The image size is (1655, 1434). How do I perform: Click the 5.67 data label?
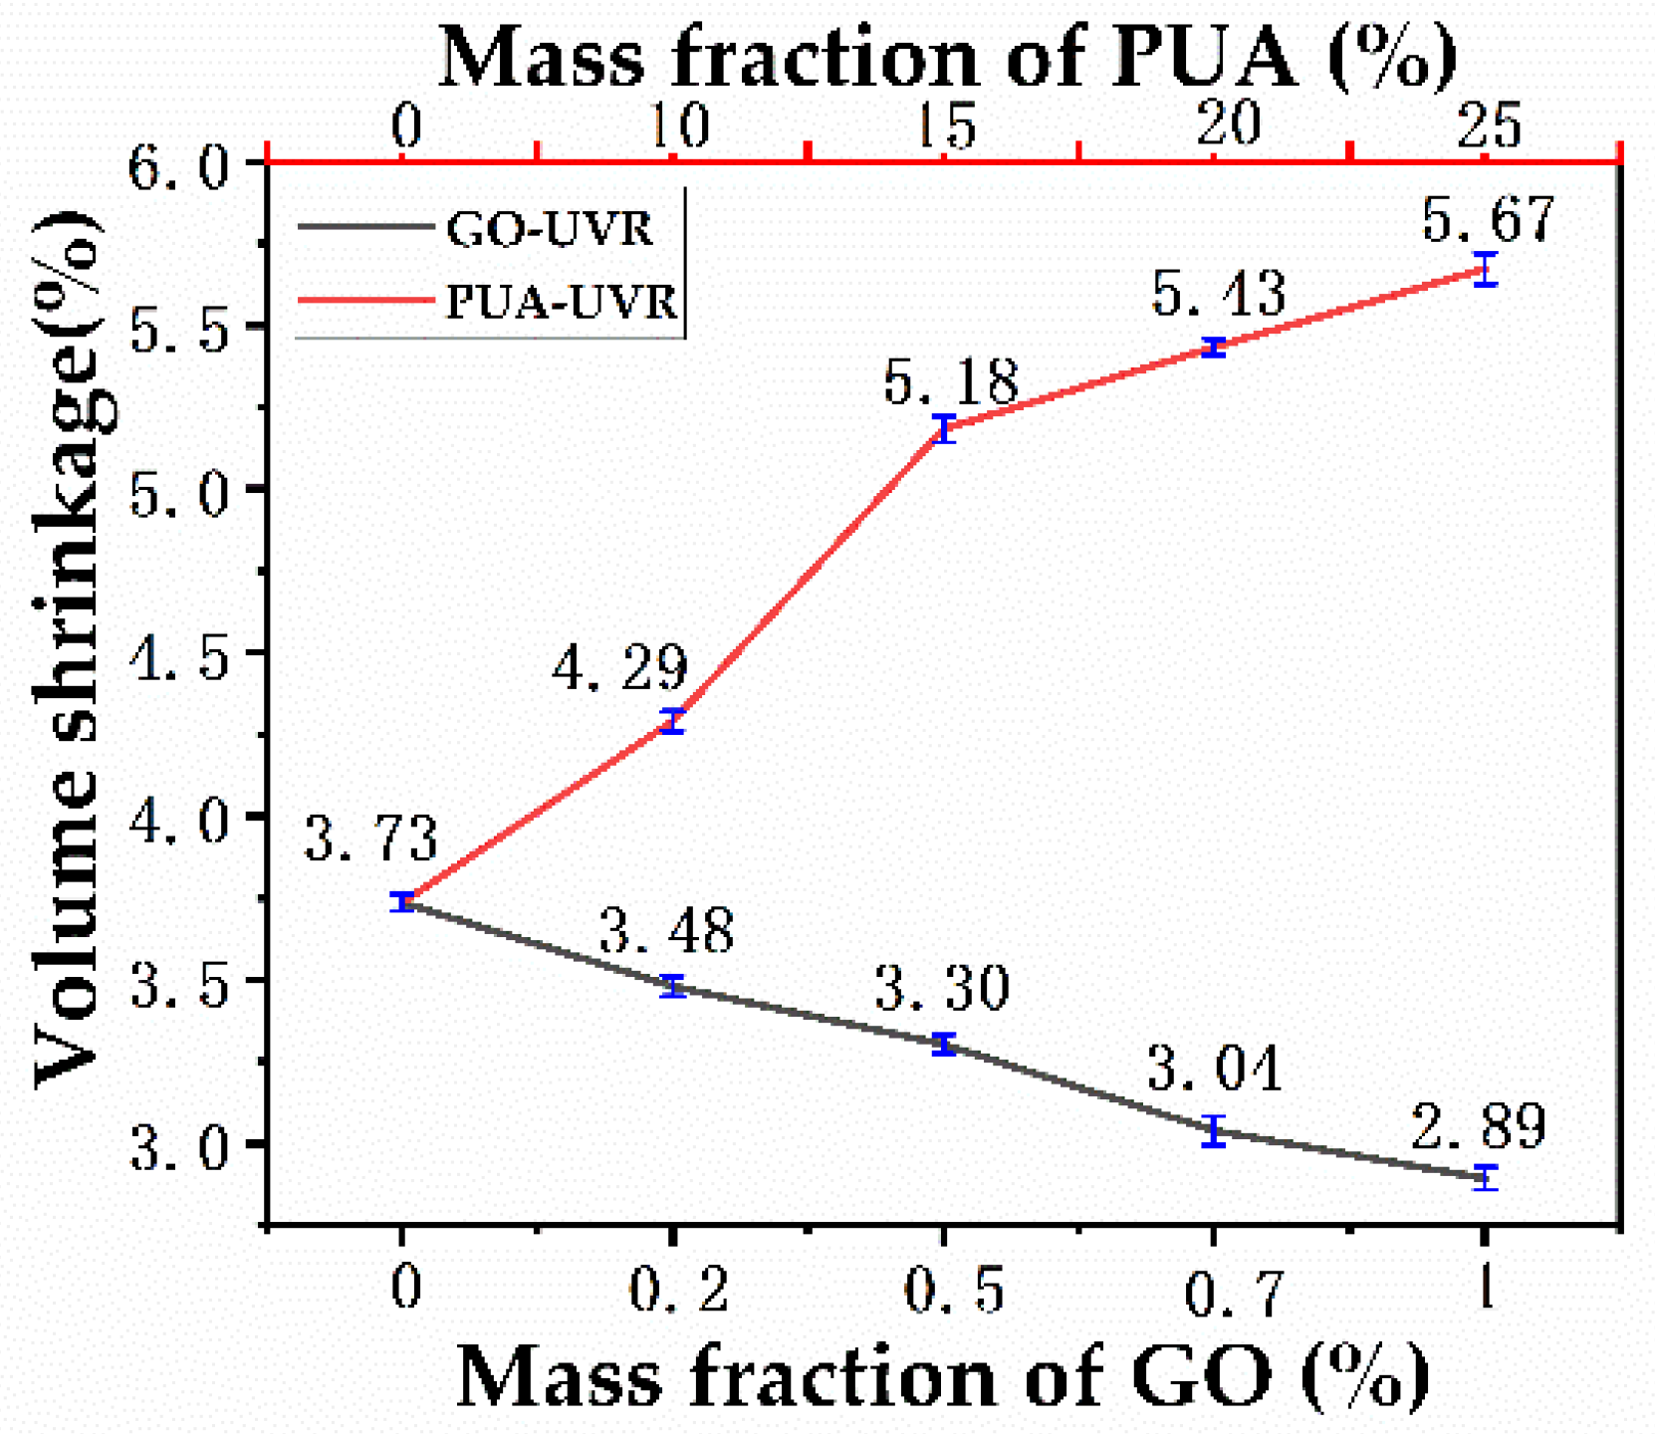[x=1487, y=219]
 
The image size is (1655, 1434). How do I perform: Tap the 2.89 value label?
[x=1479, y=1125]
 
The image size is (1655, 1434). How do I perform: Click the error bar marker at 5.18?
[x=944, y=429]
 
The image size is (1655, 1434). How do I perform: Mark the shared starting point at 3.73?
[x=402, y=901]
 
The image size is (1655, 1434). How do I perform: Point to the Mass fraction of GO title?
[x=941, y=1376]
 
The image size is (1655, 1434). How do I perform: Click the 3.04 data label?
[x=1214, y=1069]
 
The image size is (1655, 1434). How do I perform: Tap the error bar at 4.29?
[x=674, y=722]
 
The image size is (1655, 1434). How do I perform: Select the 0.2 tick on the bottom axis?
[x=678, y=1292]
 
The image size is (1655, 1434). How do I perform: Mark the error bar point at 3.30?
[x=944, y=1045]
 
